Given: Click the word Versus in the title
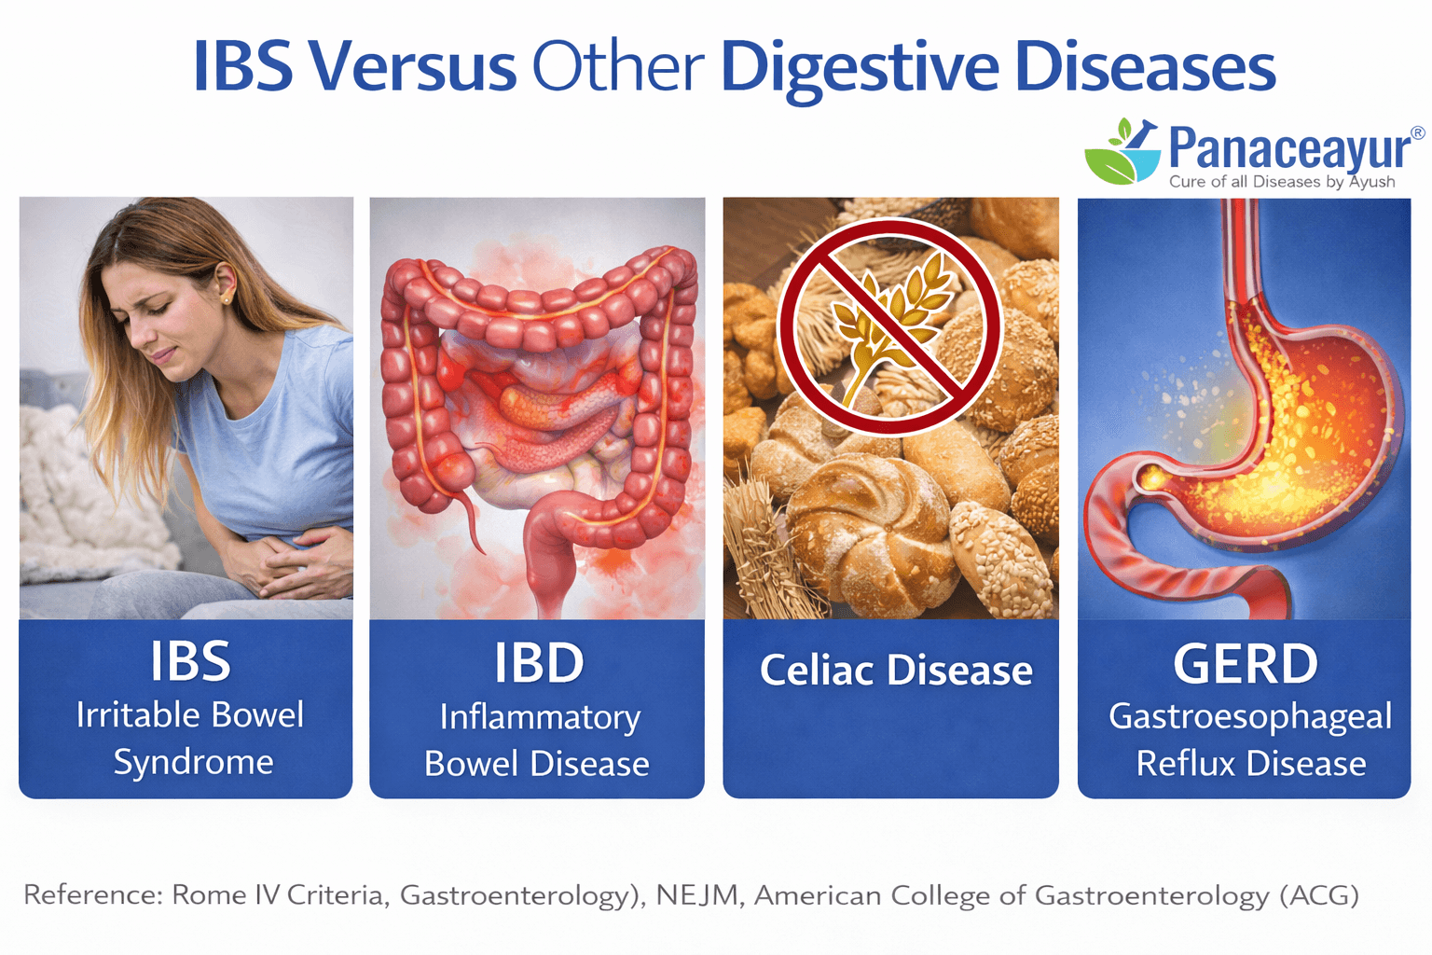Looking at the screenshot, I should [411, 67].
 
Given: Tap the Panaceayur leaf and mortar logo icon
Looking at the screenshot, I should [1122, 150].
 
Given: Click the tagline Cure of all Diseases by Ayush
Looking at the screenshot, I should [1282, 182].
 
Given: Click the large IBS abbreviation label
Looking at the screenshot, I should [190, 661].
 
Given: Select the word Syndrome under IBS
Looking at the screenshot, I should [193, 762].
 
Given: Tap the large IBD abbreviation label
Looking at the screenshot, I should [538, 663].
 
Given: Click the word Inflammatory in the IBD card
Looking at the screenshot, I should [540, 717].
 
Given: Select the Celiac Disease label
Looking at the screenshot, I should [895, 670].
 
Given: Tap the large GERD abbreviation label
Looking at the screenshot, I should [1245, 663].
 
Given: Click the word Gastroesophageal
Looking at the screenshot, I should [1249, 717].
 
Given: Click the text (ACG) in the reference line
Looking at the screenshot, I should [1318, 895].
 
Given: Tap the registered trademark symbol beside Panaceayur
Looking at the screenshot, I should [1417, 133].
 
